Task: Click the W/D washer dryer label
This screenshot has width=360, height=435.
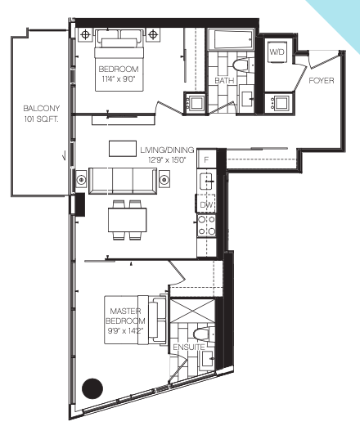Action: (277, 52)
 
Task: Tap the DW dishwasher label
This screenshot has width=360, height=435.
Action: (206, 205)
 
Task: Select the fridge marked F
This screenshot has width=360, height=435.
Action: (206, 159)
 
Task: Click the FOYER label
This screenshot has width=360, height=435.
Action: (322, 80)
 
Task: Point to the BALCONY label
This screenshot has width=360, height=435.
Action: (42, 108)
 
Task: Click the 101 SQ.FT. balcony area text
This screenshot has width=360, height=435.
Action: (42, 119)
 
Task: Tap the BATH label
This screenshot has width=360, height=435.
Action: (224, 80)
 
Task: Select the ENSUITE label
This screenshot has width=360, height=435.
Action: (189, 347)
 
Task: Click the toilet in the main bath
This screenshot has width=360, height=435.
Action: (241, 65)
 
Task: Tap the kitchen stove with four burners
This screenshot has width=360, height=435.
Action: (206, 226)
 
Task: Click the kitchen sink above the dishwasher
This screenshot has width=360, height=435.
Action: (206, 181)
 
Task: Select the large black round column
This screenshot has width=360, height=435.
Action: (92, 388)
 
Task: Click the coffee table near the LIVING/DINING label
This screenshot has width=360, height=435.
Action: (123, 149)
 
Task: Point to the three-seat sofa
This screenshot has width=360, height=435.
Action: (123, 181)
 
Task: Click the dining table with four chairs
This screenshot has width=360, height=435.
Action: (127, 220)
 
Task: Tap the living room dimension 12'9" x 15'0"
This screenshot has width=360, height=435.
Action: (167, 160)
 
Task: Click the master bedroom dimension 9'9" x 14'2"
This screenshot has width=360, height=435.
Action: (125, 330)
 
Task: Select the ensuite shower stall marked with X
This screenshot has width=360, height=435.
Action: (192, 311)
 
